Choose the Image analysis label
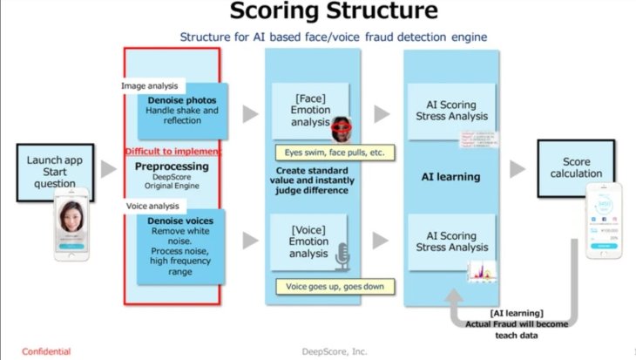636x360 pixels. pyautogui.click(x=150, y=85)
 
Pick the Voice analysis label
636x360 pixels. pyautogui.click(x=150, y=206)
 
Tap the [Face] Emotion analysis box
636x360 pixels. pyautogui.click(x=303, y=111)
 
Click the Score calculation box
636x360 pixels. pyautogui.click(x=577, y=168)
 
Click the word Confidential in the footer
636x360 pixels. pyautogui.click(x=46, y=351)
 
